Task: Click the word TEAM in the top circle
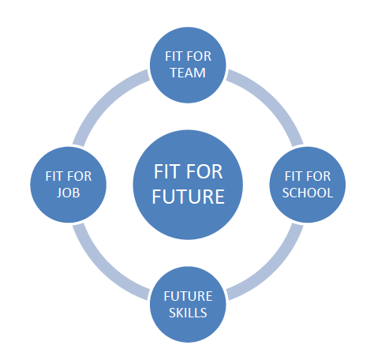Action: pyautogui.click(x=188, y=73)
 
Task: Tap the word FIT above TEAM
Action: pyautogui.click(x=174, y=56)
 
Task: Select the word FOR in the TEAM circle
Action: pyautogui.click(x=199, y=56)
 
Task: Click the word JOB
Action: pyautogui.click(x=69, y=193)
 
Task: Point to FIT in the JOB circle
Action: pyautogui.click(x=54, y=176)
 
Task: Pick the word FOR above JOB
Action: pyautogui.click(x=79, y=176)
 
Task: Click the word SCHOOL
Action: pyautogui.click(x=308, y=193)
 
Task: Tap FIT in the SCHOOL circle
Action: pyautogui.click(x=293, y=176)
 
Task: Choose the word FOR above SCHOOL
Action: pyautogui.click(x=318, y=176)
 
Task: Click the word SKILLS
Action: pyautogui.click(x=188, y=313)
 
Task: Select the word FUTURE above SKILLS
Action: pyautogui.click(x=188, y=296)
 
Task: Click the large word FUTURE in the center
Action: pyautogui.click(x=188, y=197)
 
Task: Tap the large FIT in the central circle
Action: pyautogui.click(x=166, y=171)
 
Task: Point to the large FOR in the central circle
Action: pyautogui.click(x=204, y=171)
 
